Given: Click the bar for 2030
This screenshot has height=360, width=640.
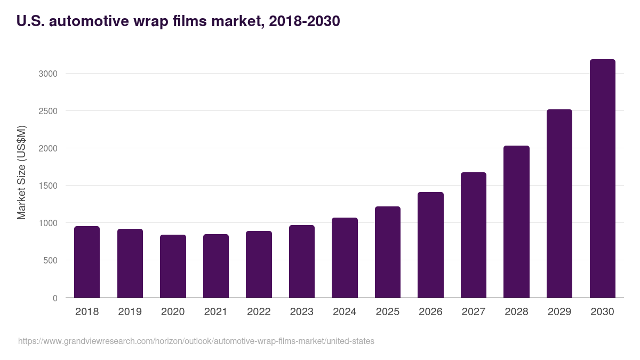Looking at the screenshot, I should click(602, 179).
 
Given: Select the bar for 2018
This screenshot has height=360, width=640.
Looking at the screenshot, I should click(87, 262).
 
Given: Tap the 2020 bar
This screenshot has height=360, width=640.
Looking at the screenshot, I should click(173, 266).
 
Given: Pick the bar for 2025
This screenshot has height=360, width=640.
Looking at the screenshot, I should click(387, 252).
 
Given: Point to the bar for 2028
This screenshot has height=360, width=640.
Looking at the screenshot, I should click(516, 221).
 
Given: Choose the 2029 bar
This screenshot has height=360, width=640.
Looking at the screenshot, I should click(559, 203).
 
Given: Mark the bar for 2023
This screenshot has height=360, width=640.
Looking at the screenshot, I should click(302, 261).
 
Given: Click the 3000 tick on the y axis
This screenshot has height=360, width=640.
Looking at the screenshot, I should click(48, 74).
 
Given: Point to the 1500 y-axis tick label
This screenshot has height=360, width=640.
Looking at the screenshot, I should click(48, 186).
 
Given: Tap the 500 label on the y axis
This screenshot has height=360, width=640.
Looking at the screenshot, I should click(50, 261).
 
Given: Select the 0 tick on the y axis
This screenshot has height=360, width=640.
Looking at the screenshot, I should click(55, 298).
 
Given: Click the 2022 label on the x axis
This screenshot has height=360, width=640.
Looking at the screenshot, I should click(259, 312).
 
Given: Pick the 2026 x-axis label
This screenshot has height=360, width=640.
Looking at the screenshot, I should click(430, 312).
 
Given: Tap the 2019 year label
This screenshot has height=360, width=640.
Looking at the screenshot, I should click(130, 312).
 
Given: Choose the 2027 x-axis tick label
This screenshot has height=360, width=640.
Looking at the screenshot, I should click(473, 312).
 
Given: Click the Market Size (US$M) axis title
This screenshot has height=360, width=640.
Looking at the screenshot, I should click(21, 172).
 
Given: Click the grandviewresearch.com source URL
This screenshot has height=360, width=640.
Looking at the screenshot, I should click(196, 341).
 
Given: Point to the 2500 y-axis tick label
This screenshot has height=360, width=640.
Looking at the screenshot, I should click(48, 111).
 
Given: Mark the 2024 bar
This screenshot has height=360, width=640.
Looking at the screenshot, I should click(345, 258).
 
